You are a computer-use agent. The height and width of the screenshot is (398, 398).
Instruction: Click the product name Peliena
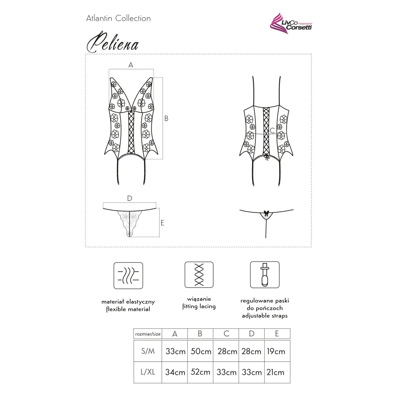point(112,43)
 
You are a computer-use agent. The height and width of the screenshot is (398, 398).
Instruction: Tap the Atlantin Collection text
point(118,19)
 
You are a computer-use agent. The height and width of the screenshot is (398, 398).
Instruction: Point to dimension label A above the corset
point(131,65)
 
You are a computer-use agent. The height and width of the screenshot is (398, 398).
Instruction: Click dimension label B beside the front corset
point(166,118)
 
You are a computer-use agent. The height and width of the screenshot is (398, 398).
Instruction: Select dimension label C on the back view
point(272,131)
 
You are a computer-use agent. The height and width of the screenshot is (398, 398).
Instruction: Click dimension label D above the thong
point(130,199)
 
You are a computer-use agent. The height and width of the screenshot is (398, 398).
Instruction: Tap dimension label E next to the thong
point(162,223)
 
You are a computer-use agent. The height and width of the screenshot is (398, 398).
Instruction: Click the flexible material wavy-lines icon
point(128,276)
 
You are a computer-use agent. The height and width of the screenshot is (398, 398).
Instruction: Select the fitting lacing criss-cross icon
point(199,275)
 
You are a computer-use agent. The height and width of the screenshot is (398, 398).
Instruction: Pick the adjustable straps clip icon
point(264,275)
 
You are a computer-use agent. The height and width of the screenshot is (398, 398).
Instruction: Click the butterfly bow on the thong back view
point(266,212)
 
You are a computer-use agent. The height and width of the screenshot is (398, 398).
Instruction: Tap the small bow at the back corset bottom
point(266,157)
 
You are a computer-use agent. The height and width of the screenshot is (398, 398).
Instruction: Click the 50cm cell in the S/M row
point(201,351)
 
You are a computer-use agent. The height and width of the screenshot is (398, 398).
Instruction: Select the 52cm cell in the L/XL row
point(201,372)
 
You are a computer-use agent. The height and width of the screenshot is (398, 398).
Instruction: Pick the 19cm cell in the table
point(276,351)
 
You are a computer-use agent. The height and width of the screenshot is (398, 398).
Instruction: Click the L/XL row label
point(148,372)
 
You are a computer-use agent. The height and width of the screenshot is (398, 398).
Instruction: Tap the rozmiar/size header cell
point(148,334)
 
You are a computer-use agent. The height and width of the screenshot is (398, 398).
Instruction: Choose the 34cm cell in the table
point(175,372)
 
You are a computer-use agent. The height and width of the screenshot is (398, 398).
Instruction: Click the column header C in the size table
point(226,334)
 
